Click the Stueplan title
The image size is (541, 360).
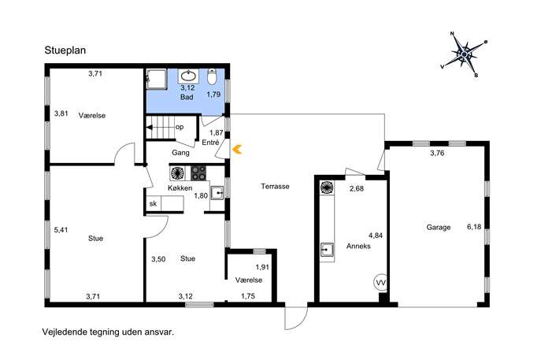tap(65, 50)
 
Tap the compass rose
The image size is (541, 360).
tap(465, 54)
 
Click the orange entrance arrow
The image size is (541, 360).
tap(237, 150)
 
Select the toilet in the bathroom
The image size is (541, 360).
tap(212, 76)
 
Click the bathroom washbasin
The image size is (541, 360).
tap(188, 76)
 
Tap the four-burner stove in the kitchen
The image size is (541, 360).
tap(198, 173)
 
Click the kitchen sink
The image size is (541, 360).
tap(217, 192)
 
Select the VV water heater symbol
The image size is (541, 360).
tap(380, 282)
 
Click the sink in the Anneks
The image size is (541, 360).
tap(327, 250)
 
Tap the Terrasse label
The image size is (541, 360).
tap(275, 187)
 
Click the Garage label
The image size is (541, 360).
tap(439, 228)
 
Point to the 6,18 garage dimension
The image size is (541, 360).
tap(474, 227)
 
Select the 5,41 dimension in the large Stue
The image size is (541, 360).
tap(61, 230)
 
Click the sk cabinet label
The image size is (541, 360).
tap(153, 204)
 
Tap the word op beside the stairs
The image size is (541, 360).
tap(180, 128)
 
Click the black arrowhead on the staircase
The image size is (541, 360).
tap(150, 127)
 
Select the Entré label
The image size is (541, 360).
tap(210, 143)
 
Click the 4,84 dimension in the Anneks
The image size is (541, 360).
tap(376, 236)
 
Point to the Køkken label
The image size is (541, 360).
tap(180, 188)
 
